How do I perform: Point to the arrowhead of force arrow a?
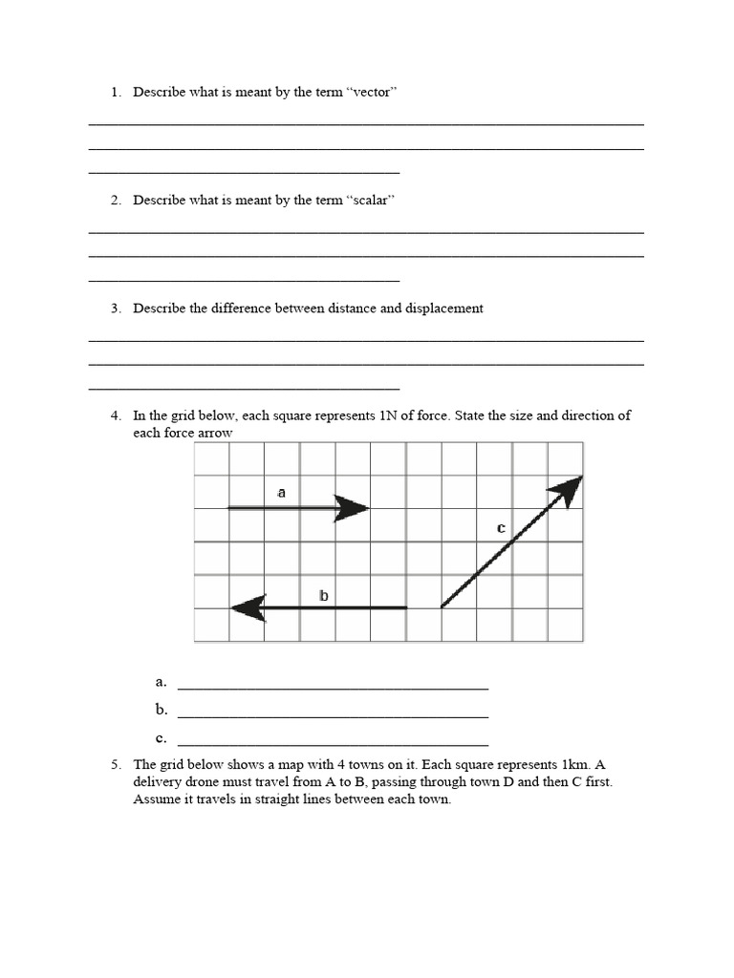[353, 508]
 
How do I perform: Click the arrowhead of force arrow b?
[248, 607]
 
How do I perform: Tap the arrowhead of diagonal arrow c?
[567, 489]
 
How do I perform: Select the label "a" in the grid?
[281, 493]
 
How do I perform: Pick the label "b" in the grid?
[324, 596]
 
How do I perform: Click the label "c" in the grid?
[500, 527]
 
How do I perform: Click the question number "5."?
[116, 765]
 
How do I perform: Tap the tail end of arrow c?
[442, 606]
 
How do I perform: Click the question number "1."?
[116, 92]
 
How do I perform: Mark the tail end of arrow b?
[405, 607]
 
